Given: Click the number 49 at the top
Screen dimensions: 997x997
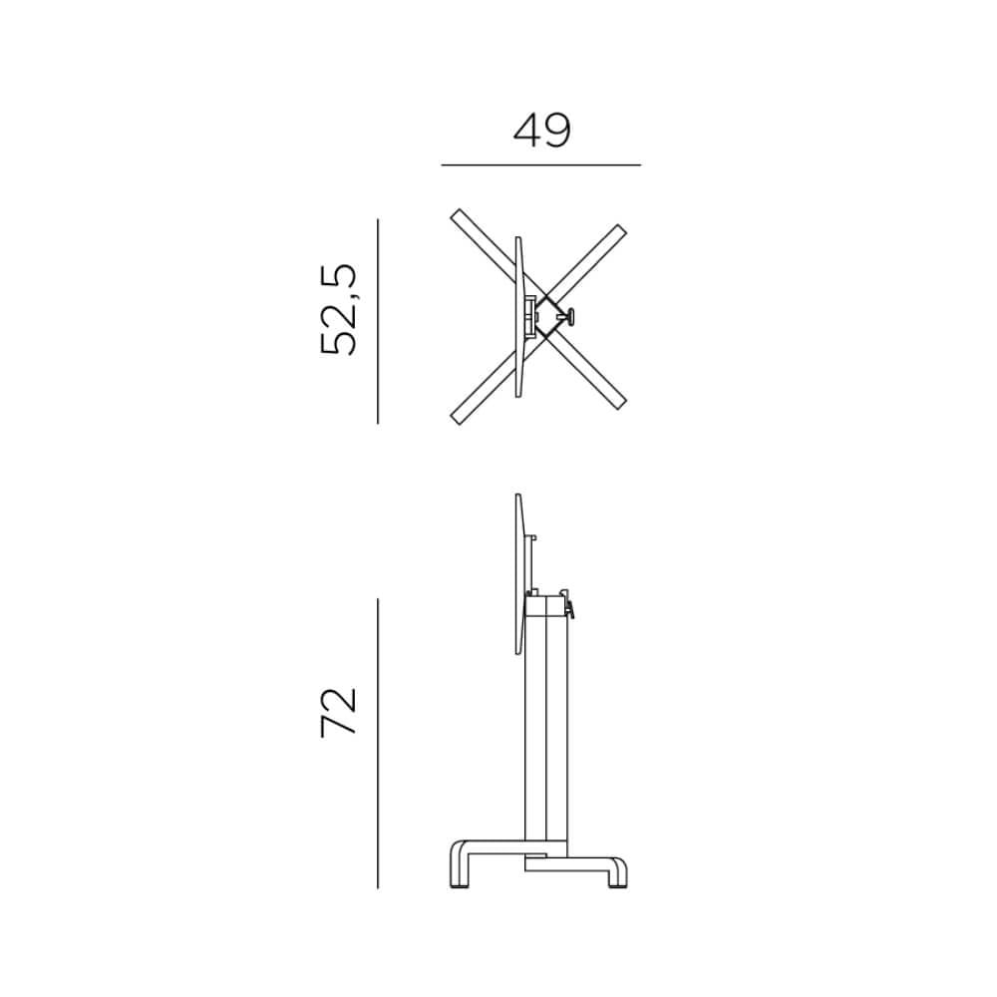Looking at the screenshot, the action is pos(541,131).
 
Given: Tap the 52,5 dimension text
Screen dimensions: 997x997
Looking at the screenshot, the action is pos(338,309).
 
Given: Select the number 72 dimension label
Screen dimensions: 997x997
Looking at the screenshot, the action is pos(338,712).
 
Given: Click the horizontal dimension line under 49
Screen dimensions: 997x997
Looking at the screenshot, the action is pos(541,166).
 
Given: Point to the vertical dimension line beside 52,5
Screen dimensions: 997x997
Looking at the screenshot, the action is pos(378,321).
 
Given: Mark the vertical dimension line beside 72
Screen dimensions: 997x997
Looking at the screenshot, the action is pos(378,744).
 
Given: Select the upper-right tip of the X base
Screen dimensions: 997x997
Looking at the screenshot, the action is pos(621,229).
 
